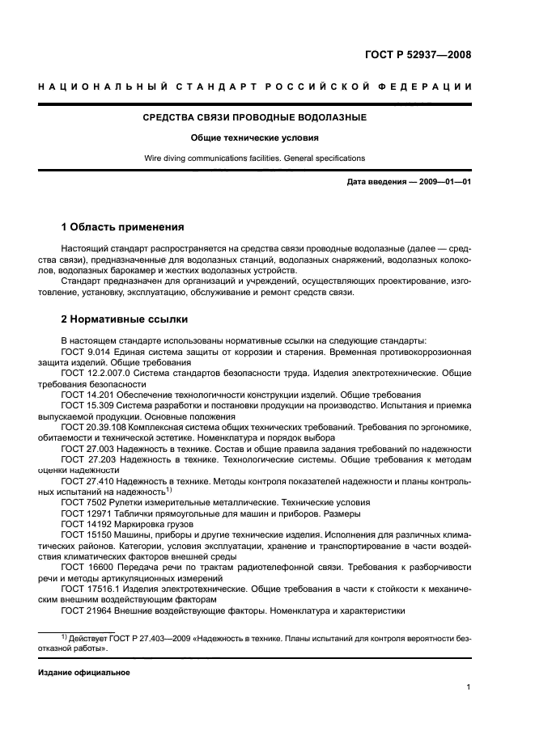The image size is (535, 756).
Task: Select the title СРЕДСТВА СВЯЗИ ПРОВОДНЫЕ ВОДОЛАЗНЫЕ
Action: [254, 118]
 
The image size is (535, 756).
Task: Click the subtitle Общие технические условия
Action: [254, 138]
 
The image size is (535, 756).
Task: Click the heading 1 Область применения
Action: [123, 226]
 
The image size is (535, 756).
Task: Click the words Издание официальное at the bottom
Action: [84, 673]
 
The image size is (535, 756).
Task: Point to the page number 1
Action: [469, 687]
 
